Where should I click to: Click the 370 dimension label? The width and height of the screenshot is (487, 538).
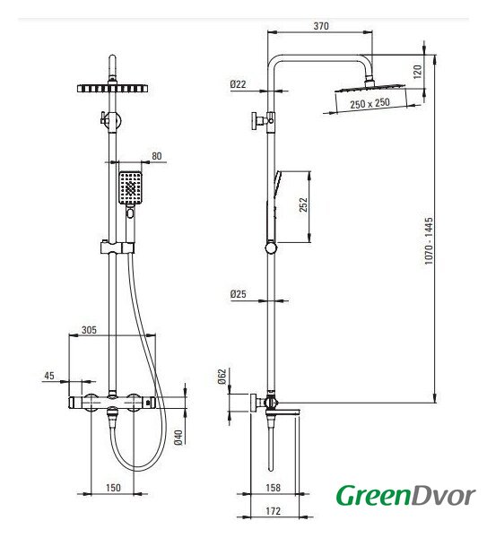[x=321, y=26]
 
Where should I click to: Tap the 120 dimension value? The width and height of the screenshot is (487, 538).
[x=417, y=72]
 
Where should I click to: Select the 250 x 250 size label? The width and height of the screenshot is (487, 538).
[x=370, y=103]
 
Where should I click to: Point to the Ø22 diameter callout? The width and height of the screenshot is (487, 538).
[x=239, y=84]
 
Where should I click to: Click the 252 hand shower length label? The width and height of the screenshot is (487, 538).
[x=304, y=204]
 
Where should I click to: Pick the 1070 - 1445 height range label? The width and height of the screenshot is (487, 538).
[x=429, y=240]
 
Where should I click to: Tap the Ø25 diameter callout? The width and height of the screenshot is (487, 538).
[x=239, y=294]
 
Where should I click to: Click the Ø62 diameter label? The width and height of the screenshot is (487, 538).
[x=222, y=377]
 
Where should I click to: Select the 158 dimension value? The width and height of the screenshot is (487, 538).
[x=274, y=488]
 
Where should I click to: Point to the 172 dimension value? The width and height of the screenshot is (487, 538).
[x=274, y=511]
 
